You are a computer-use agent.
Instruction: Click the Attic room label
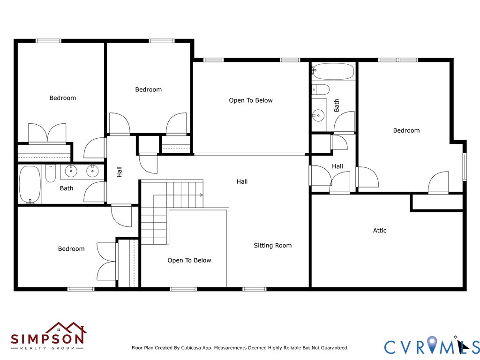coord(380,231)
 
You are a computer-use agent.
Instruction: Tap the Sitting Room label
coord(273,246)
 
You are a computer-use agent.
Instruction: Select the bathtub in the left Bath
coord(30,185)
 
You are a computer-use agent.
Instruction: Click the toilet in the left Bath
coord(51,173)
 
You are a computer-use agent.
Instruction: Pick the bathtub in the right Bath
coord(333,71)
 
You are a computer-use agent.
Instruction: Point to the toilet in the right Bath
coord(321,90)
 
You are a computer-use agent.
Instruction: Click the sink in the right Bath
coord(318,115)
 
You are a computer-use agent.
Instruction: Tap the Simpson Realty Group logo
coord(48,336)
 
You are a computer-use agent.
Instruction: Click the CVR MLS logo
coord(432,345)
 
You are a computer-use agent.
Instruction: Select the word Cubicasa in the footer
coord(191,348)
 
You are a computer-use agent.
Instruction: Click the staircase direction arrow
coord(202,195)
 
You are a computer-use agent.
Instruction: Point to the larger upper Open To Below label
coord(251,100)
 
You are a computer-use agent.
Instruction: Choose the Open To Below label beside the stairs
coord(189,261)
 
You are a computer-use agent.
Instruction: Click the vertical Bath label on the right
coord(337,105)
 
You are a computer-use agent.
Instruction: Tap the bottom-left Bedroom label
coord(71,249)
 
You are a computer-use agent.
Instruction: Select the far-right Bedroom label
coord(406,130)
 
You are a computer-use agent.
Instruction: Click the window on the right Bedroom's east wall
coord(465,167)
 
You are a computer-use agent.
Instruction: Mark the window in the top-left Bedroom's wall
coord(48,41)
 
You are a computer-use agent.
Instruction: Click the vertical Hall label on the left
coord(120,172)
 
